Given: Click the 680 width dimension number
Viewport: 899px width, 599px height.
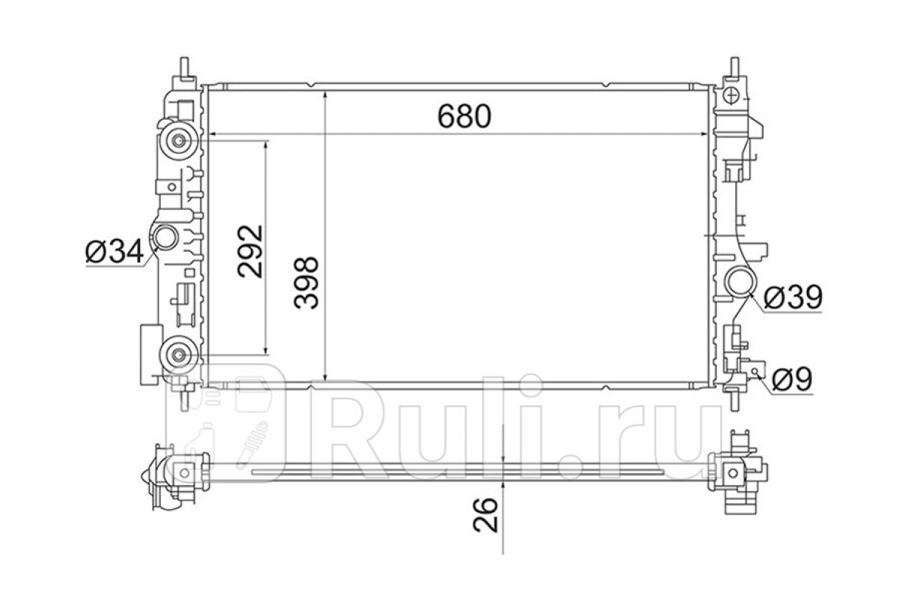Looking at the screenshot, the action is (464, 116).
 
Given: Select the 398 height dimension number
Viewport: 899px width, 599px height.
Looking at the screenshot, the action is (306, 283).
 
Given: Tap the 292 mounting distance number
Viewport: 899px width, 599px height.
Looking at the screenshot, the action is (250, 251).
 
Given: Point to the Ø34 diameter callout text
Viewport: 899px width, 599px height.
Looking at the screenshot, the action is (115, 252).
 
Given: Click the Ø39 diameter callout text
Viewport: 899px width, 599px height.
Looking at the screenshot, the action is (793, 298).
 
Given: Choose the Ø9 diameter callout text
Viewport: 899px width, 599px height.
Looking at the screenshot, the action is (793, 379).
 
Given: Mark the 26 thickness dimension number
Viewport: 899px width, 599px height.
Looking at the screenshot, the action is (485, 514).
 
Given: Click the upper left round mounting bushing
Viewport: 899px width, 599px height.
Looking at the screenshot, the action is (178, 141).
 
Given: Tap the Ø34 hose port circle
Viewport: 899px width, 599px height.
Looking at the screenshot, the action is (166, 237).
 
